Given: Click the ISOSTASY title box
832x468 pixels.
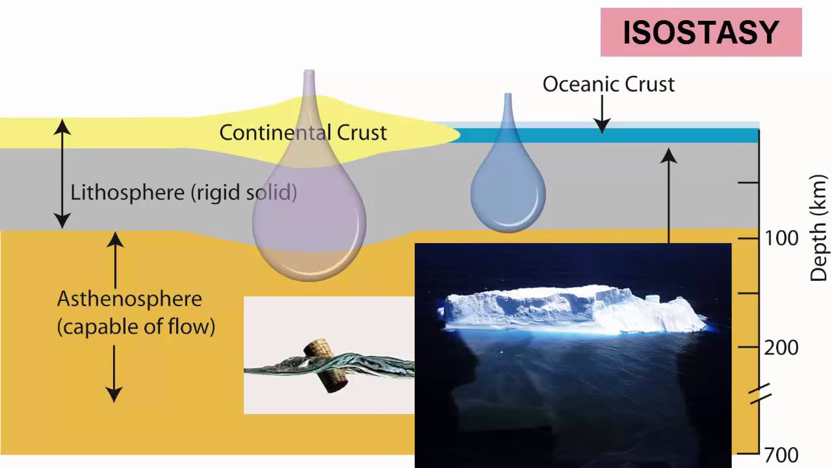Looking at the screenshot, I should [x=701, y=32].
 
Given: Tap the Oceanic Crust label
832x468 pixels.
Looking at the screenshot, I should [x=608, y=84].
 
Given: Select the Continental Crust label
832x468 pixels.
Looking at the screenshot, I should [x=303, y=133].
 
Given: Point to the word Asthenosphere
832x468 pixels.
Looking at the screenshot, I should [x=129, y=300].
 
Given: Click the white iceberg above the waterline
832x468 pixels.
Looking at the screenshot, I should [x=572, y=309].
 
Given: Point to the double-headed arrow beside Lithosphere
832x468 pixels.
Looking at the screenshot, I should [x=62, y=174].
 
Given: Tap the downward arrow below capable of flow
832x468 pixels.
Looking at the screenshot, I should [x=114, y=373].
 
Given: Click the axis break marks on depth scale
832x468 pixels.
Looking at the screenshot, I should [x=760, y=394].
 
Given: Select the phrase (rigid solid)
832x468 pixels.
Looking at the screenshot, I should [x=241, y=193].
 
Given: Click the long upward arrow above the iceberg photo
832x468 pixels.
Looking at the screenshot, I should [x=669, y=195].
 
